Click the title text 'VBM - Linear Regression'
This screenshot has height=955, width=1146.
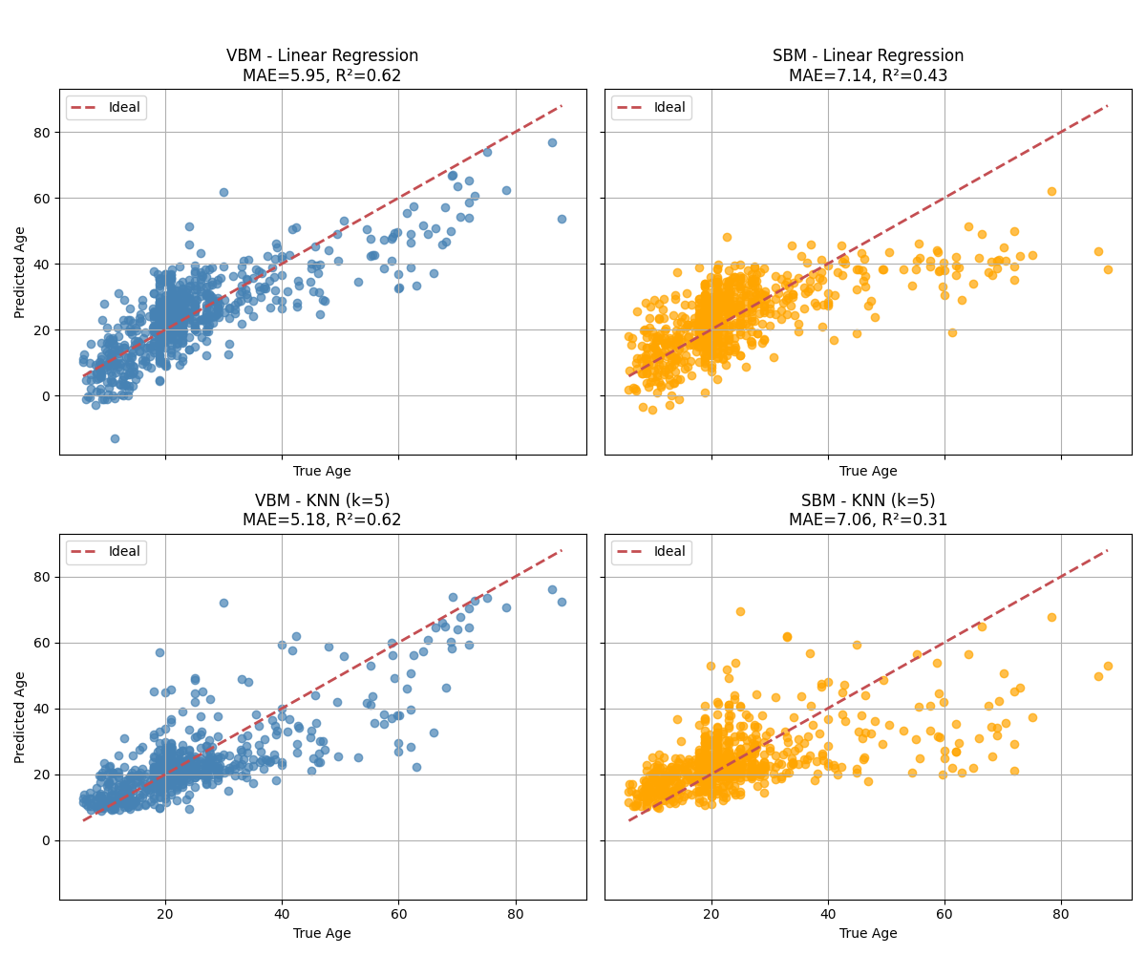coord(323,55)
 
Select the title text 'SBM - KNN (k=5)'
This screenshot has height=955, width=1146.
coord(868,500)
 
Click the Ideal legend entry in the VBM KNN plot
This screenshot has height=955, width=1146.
coord(106,552)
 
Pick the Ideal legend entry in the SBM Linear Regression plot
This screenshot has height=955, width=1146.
coord(651,107)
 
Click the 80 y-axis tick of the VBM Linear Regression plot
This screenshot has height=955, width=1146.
coord(43,132)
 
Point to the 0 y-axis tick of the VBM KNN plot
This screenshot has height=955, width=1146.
coord(47,840)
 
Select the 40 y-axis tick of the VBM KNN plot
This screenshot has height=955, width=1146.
coord(43,709)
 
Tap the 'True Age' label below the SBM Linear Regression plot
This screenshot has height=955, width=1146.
coord(868,471)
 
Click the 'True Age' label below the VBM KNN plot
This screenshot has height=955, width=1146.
coord(322,933)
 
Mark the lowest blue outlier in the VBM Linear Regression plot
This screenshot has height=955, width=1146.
coord(115,438)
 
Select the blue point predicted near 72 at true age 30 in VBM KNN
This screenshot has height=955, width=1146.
coord(223,603)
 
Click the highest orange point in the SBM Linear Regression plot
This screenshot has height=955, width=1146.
coord(1051,191)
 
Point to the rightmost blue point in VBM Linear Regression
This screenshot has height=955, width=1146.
coord(562,219)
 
